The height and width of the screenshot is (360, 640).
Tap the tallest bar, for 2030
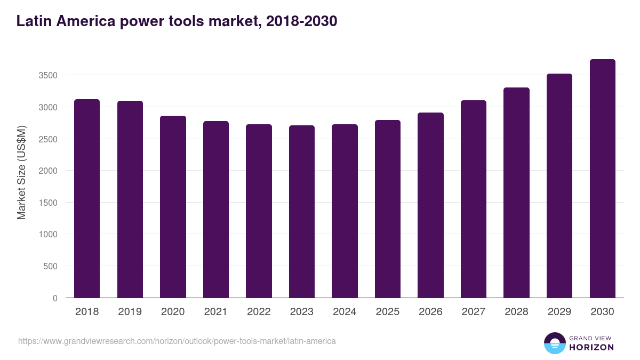[x=603, y=178]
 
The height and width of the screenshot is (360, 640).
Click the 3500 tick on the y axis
[x=48, y=75]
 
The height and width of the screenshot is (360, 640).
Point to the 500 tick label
[x=51, y=266]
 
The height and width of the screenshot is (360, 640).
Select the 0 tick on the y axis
[x=55, y=298]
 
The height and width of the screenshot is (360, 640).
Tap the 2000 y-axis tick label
[x=48, y=171]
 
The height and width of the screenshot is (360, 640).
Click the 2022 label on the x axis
[x=259, y=312]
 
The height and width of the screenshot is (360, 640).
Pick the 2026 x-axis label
[x=430, y=312]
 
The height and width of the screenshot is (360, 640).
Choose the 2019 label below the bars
[x=130, y=312]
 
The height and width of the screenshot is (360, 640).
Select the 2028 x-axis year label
[x=516, y=312]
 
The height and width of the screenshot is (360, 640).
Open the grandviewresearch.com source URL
[x=177, y=341]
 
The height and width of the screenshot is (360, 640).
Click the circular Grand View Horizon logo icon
[x=555, y=343]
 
